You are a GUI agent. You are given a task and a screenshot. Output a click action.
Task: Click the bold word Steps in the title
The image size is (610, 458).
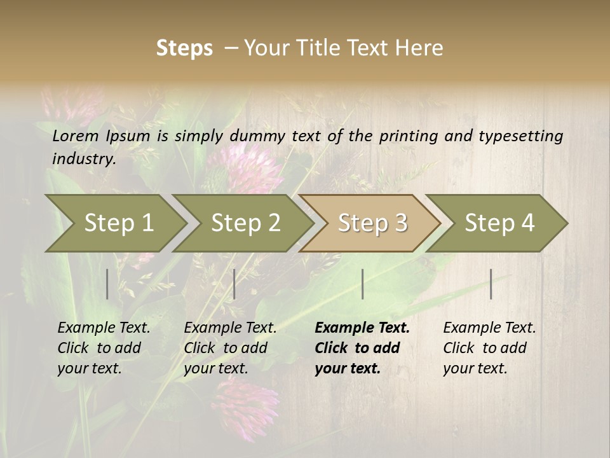184,48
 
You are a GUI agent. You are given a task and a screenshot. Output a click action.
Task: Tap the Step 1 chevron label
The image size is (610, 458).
119,223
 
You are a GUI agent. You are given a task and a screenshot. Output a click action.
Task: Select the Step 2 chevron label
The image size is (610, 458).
245,223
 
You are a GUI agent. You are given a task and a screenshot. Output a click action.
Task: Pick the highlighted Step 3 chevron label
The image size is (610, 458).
372,223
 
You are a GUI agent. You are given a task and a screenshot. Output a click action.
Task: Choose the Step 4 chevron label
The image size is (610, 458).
499,223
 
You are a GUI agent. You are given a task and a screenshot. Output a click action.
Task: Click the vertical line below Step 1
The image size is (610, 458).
107,284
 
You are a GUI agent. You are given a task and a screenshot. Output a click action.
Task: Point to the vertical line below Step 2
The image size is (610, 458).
234,284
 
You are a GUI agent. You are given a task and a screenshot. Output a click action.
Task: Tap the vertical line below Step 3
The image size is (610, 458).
362,284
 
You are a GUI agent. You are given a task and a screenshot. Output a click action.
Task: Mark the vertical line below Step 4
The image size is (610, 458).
491,284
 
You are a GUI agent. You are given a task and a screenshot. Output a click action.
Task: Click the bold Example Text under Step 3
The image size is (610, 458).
362,328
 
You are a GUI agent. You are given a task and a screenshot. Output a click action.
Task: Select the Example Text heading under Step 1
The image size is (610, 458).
104,328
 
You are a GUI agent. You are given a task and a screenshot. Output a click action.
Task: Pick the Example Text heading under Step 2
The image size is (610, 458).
230,328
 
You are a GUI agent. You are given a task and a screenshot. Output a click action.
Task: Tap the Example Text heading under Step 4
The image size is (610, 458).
489,328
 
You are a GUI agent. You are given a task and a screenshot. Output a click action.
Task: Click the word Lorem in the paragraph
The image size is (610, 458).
76,135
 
